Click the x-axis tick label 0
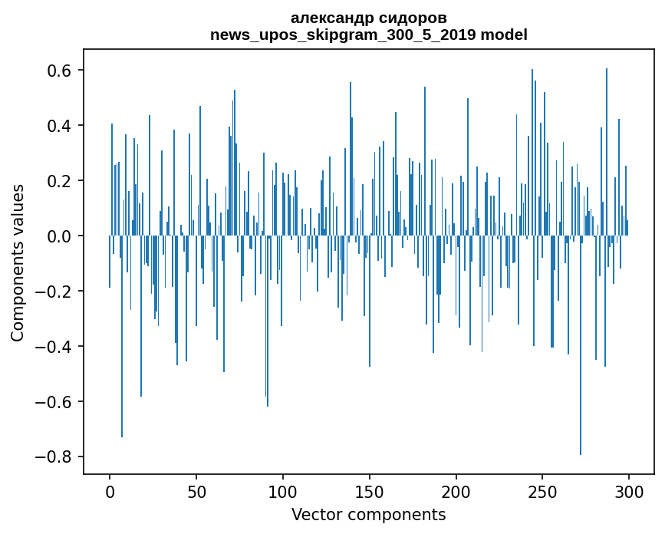coord(110,491)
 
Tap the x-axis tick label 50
coord(196,491)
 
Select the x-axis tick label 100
coord(283,491)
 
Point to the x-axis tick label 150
coord(370,491)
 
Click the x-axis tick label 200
coord(456,491)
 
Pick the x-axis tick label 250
coord(543,491)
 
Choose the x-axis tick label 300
coord(629,491)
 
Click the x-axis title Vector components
coord(368,514)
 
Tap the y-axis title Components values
coord(17,262)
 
